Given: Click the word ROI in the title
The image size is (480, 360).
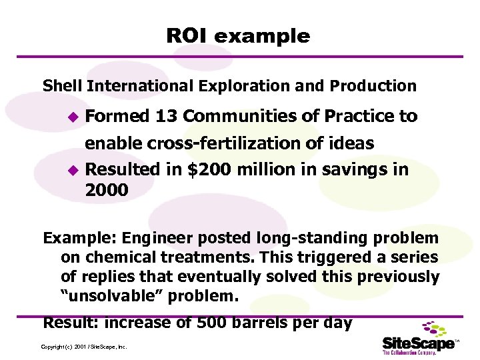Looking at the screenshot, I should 187,36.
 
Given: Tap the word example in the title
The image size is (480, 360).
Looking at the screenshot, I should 262,37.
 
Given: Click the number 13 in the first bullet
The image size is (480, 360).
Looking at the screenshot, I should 167,116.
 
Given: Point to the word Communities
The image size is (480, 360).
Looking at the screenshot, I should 241,116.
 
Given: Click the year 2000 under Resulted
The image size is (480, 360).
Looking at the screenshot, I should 107,191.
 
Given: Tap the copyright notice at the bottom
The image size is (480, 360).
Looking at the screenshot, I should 84,347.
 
